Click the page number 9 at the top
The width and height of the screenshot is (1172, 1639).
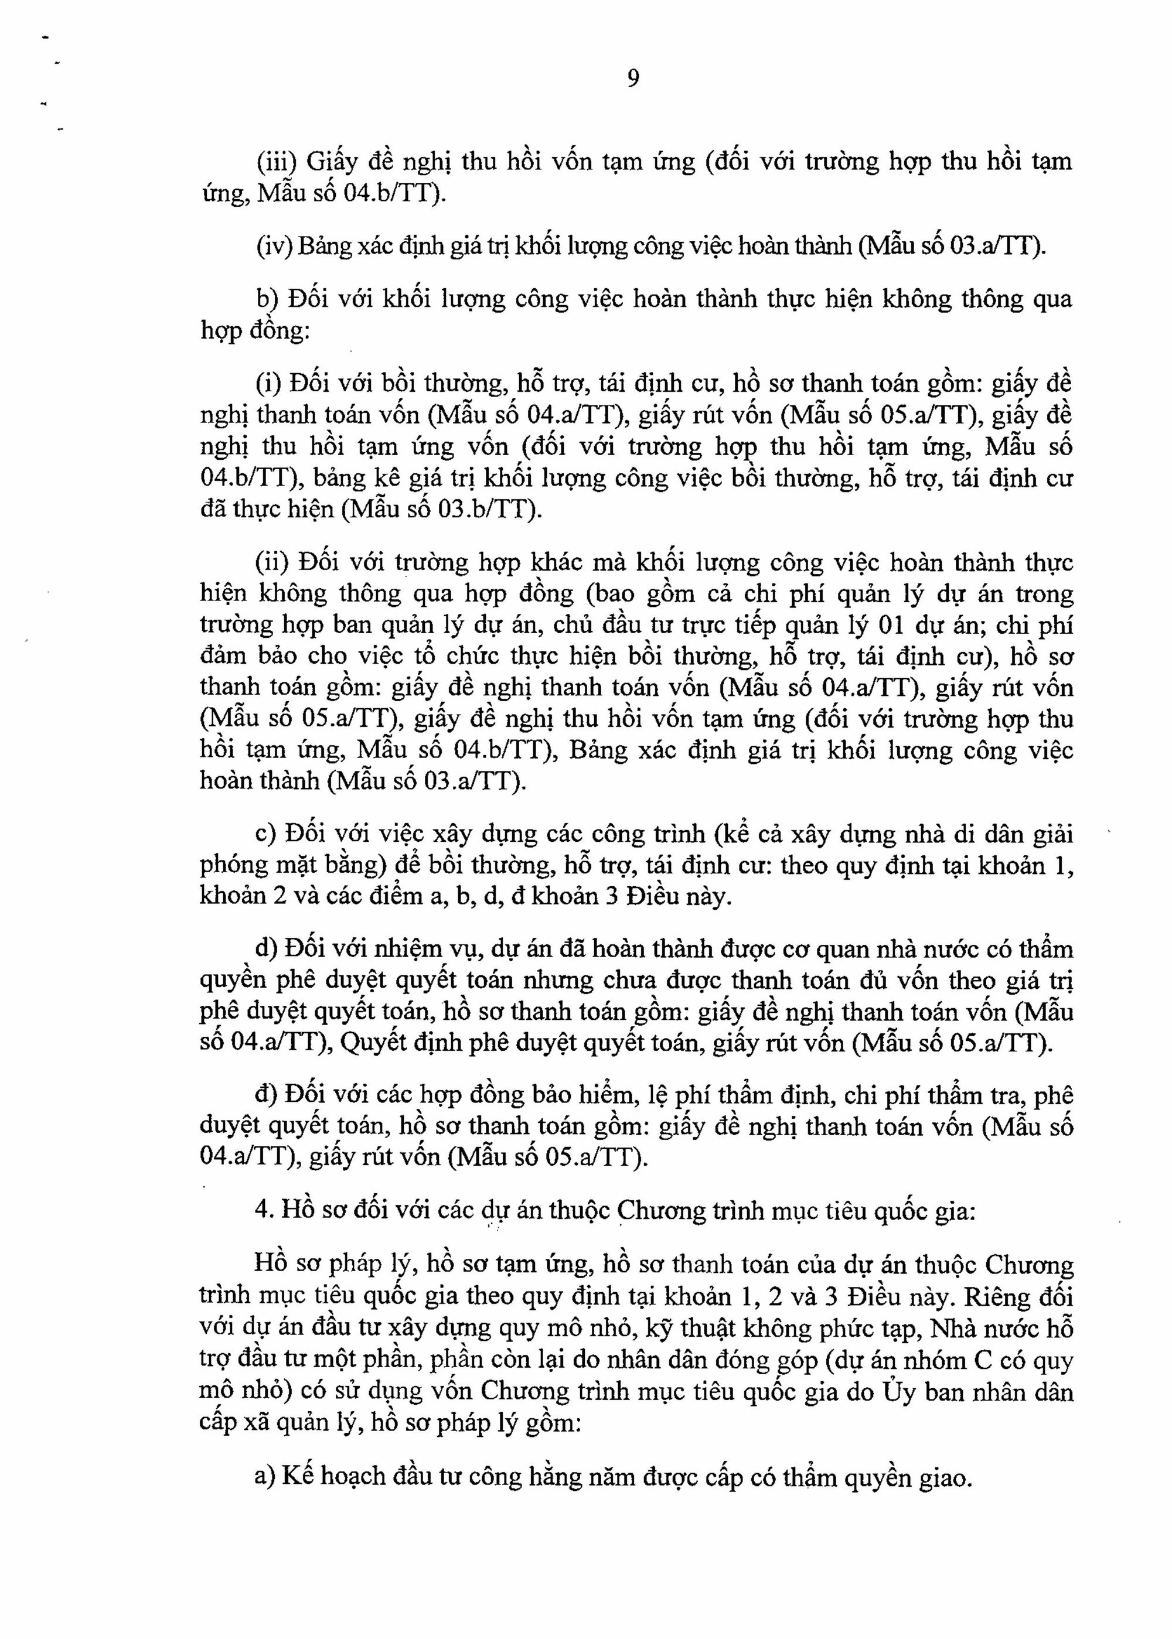click(633, 78)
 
